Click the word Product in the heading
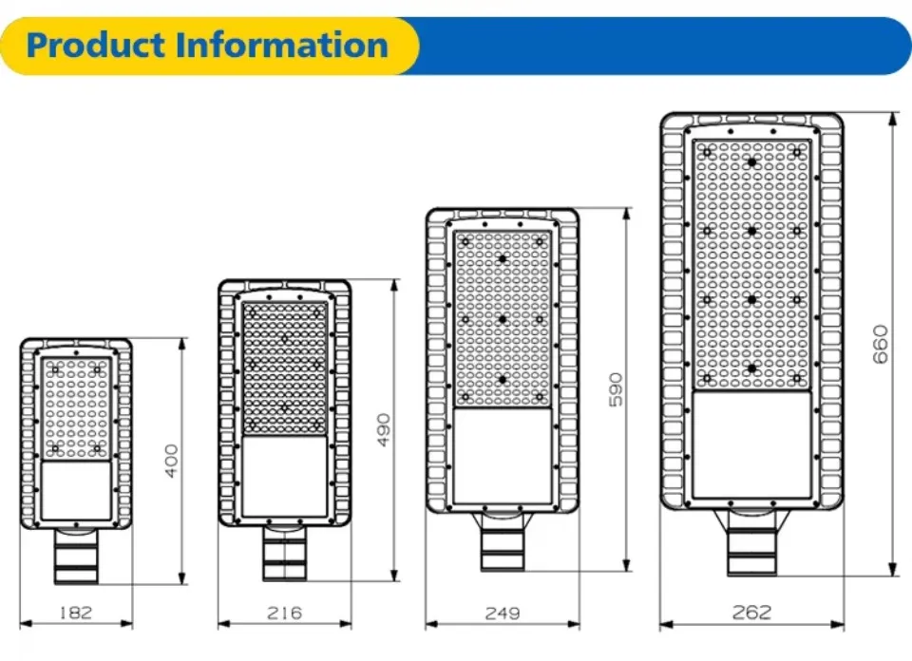(x=96, y=46)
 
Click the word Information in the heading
(x=281, y=46)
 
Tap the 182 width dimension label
(x=76, y=613)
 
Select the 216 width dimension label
(x=284, y=613)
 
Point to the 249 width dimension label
(x=503, y=613)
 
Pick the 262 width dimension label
(x=751, y=612)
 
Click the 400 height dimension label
(x=172, y=461)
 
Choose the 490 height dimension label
(x=383, y=429)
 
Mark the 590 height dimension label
(x=617, y=389)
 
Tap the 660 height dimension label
(x=881, y=344)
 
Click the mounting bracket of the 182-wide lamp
(x=76, y=556)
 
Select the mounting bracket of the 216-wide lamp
(x=284, y=553)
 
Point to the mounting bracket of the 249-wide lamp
(x=503, y=542)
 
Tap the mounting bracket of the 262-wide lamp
(x=751, y=542)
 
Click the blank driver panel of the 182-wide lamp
(x=76, y=490)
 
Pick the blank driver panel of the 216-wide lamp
(x=284, y=476)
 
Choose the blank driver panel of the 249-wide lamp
(x=503, y=456)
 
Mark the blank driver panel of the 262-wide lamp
(x=751, y=444)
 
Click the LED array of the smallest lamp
(x=76, y=408)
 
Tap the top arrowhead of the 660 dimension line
(x=894, y=119)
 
